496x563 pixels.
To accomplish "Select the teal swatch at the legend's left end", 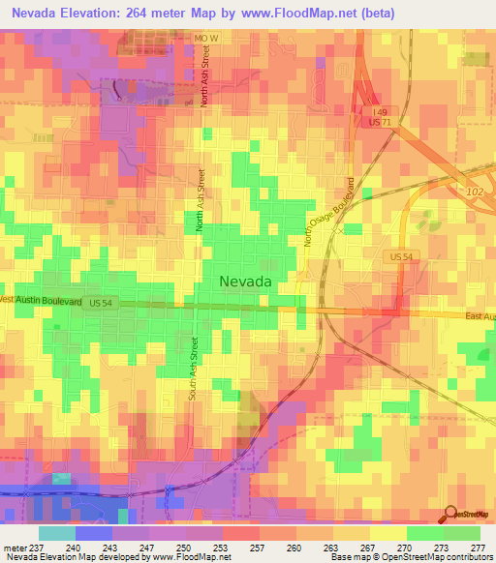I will pyautogui.click(x=56, y=532).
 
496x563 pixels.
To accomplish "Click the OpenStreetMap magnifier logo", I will pyautogui.click(x=451, y=514).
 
